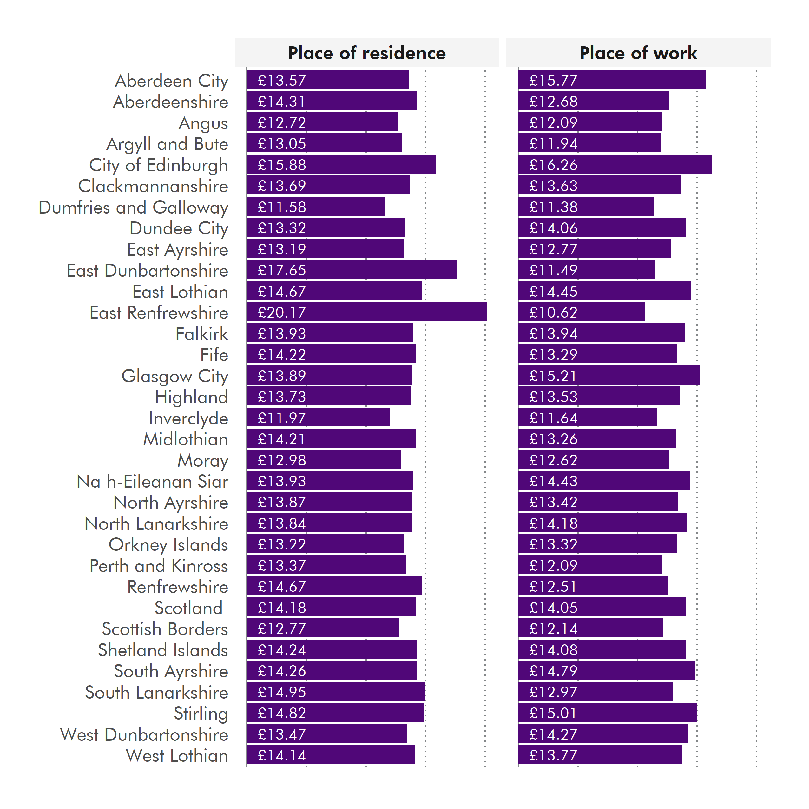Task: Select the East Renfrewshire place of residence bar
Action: click(366, 312)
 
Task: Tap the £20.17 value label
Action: click(282, 312)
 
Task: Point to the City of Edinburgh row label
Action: click(158, 165)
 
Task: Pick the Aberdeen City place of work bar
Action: click(612, 80)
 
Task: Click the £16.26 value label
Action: click(553, 165)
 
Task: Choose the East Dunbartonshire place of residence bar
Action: click(352, 270)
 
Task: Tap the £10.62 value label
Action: click(553, 312)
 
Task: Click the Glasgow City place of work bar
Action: click(608, 375)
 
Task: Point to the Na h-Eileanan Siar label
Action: click(152, 482)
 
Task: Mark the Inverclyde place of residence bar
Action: click(318, 418)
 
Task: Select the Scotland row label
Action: click(188, 608)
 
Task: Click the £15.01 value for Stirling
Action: click(553, 713)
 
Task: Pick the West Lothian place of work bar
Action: click(600, 755)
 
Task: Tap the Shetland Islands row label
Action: click(163, 650)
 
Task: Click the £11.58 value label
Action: click(282, 207)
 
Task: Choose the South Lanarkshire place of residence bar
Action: click(335, 692)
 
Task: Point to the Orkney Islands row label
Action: click(168, 545)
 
